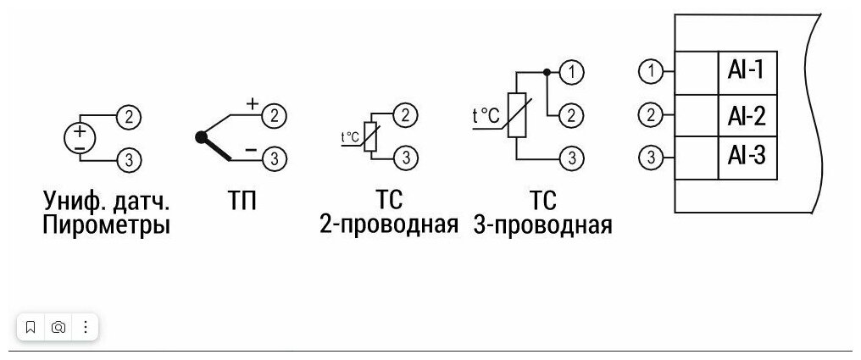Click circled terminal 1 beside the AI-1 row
tap(649, 71)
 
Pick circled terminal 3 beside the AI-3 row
tap(649, 157)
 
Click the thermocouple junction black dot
tap(201, 136)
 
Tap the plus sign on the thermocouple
tap(252, 103)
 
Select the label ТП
tap(242, 202)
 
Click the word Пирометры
tap(107, 226)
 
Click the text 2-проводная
tap(389, 226)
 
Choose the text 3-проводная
tap(543, 226)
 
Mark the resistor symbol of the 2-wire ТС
tap(369, 137)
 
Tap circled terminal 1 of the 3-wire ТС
tap(572, 73)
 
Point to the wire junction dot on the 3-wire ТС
tap(547, 73)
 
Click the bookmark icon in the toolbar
tap(31, 327)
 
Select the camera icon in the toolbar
tap(58, 327)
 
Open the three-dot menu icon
tap(86, 327)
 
